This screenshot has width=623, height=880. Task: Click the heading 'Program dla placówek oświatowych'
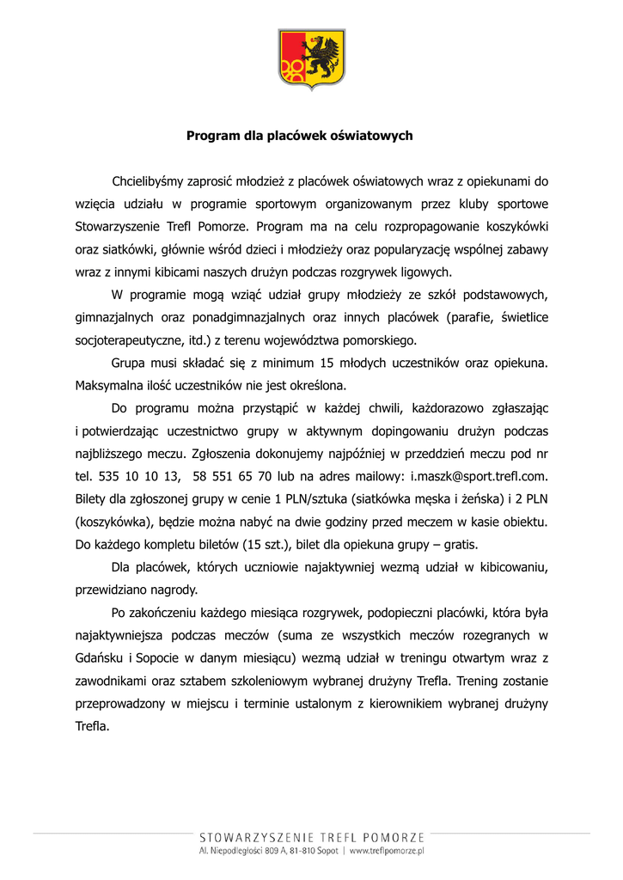(x=300, y=136)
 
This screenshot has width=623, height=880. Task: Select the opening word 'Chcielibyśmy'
(x=149, y=181)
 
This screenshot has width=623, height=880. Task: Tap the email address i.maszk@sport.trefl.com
(x=479, y=476)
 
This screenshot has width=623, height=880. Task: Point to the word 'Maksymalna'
(x=108, y=386)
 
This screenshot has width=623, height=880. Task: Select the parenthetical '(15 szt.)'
(x=262, y=545)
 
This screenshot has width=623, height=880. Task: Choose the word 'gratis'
(x=458, y=545)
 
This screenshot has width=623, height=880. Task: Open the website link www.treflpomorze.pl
(x=388, y=852)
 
